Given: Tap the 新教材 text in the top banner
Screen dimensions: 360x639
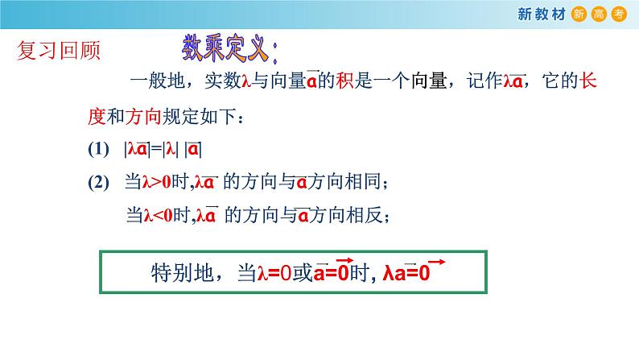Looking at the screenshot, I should pyautogui.click(x=543, y=13).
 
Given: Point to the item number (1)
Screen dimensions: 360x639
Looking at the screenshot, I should pyautogui.click(x=97, y=150).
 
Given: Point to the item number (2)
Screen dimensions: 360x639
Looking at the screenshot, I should pyautogui.click(x=97, y=183).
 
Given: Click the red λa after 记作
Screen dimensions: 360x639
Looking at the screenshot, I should pyautogui.click(x=513, y=82).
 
